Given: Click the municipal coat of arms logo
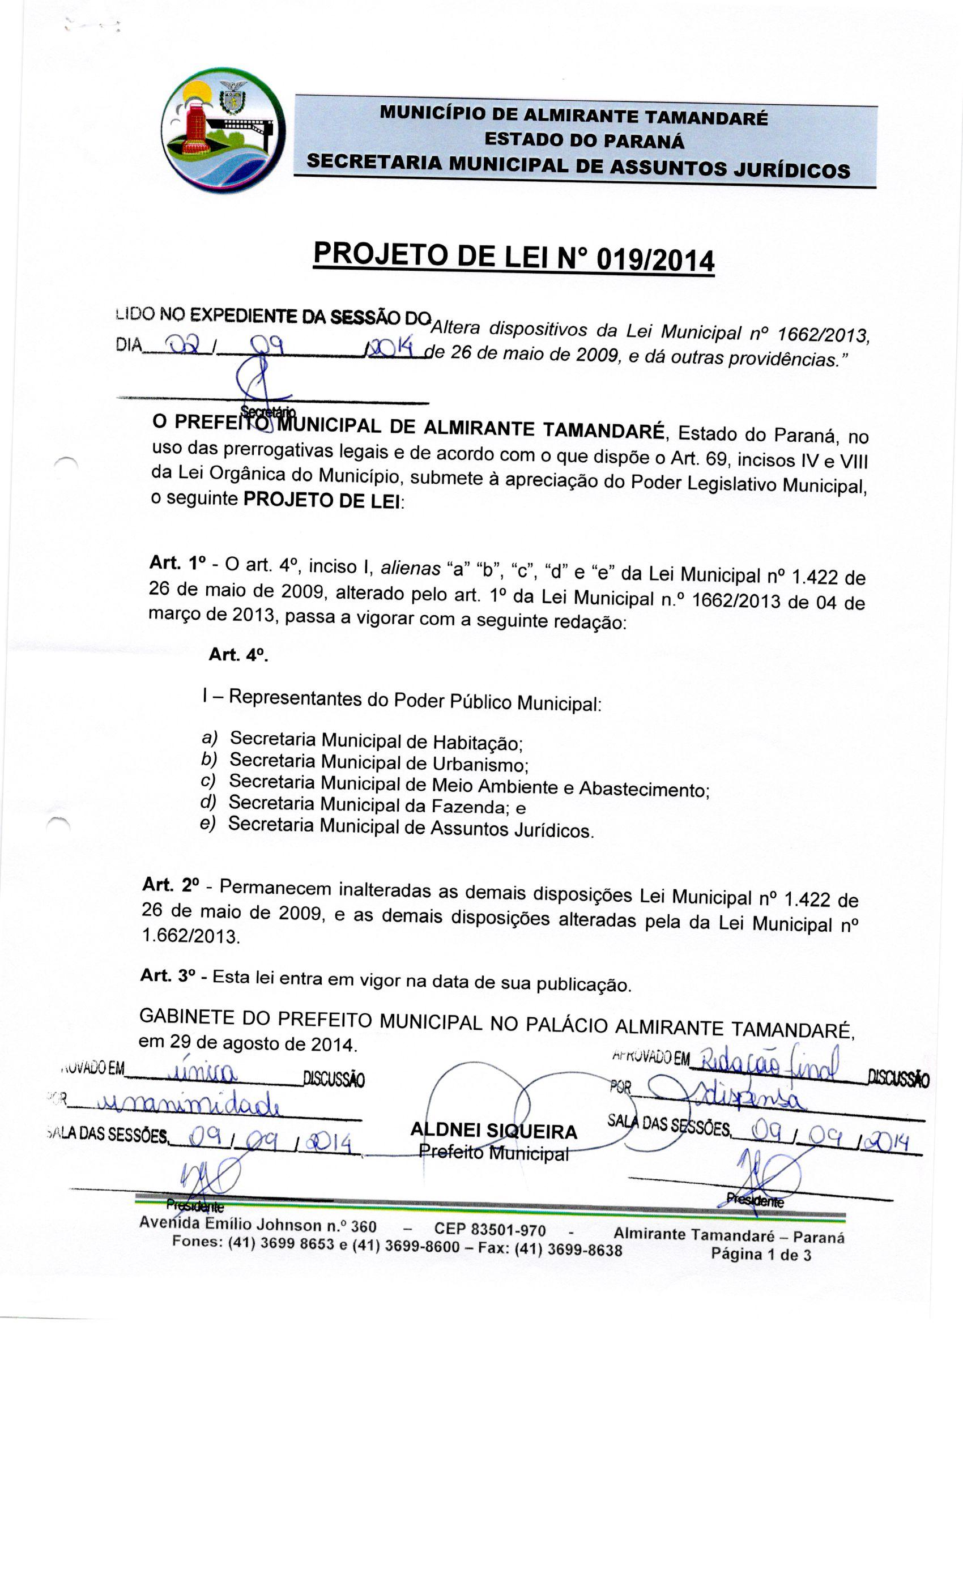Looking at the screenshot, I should [223, 131].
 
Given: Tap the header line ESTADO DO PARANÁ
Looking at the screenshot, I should [584, 141].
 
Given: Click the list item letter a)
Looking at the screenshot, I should [210, 737].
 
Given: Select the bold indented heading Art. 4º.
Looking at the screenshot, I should [237, 655].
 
